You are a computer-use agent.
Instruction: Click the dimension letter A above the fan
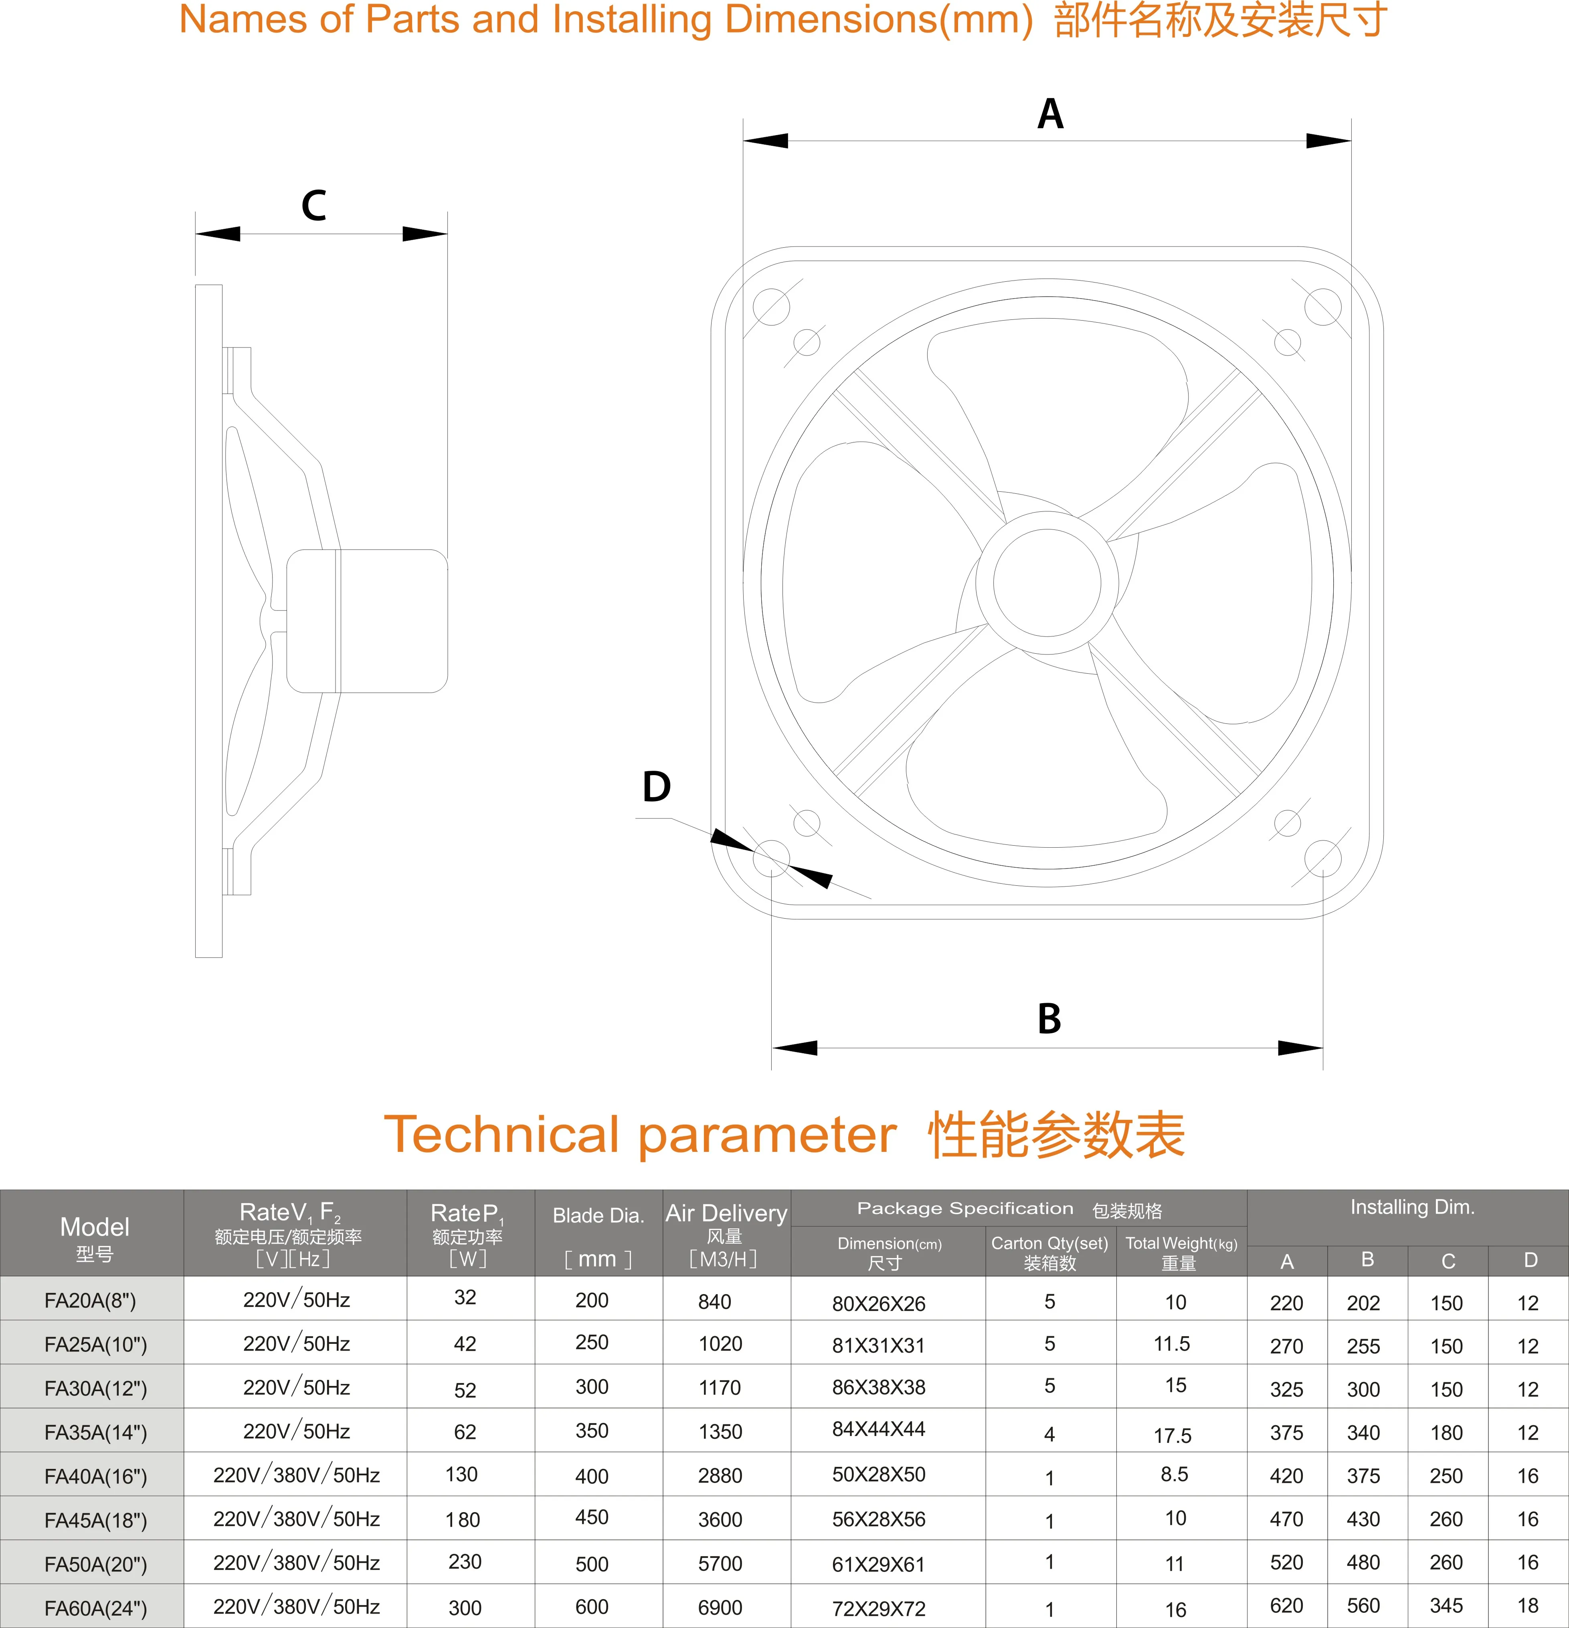pyautogui.click(x=1050, y=114)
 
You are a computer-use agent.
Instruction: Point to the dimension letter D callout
pyautogui.click(x=656, y=786)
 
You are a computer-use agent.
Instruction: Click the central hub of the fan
pyautogui.click(x=1047, y=583)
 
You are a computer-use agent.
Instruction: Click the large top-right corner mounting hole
pyautogui.click(x=1322, y=307)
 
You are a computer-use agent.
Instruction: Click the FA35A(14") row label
pyautogui.click(x=95, y=1432)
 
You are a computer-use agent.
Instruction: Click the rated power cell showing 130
pyautogui.click(x=462, y=1474)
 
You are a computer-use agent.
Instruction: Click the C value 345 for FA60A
pyautogui.click(x=1446, y=1606)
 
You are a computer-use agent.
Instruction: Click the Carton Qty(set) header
pyautogui.click(x=1050, y=1252)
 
